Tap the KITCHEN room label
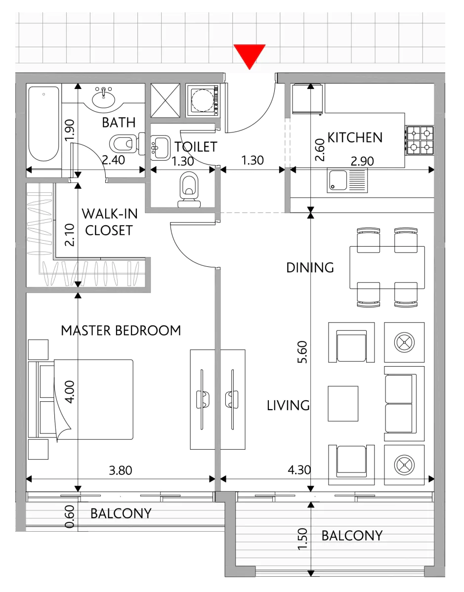coord(355,137)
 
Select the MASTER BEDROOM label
coord(121,331)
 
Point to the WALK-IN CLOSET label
coord(110,222)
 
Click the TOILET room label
coord(196,146)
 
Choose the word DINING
coord(310,268)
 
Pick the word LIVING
coord(288,406)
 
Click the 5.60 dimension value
coord(302,352)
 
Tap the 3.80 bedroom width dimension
coord(121,470)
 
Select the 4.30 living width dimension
coord(299,469)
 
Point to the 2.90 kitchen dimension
coord(362,161)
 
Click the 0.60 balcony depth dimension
coord(70,517)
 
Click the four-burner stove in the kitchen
coord(420,140)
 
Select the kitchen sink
coord(346,181)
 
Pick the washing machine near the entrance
coord(203,100)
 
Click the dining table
coord(387,268)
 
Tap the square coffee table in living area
coord(343,404)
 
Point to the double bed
coord(81,399)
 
